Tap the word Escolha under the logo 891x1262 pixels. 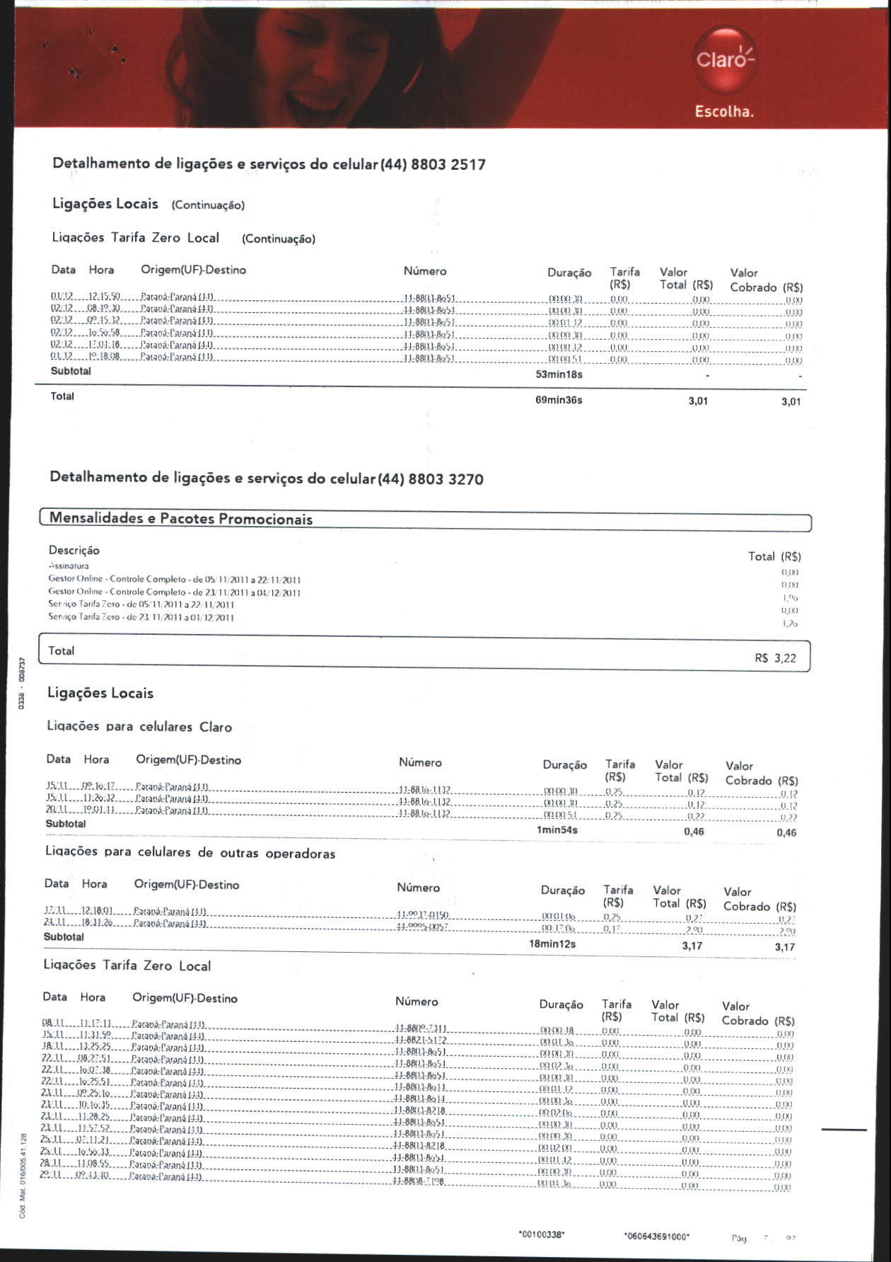click(724, 112)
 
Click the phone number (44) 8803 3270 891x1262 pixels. click(431, 479)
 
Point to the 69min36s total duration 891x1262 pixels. click(559, 401)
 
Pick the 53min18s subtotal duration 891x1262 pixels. click(559, 374)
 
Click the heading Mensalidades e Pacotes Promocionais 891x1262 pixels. click(180, 519)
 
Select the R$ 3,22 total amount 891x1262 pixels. click(775, 658)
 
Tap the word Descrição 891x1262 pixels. click(74, 550)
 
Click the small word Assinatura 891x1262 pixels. click(69, 566)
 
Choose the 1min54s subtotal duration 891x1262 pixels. click(557, 830)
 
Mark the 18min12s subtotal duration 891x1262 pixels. click(552, 944)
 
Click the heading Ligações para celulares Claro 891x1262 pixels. click(139, 727)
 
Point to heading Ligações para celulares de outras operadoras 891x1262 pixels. click(190, 853)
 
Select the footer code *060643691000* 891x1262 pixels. click(656, 1237)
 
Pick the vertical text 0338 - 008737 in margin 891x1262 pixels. click(22, 684)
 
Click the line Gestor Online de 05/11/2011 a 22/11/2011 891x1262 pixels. click(175, 579)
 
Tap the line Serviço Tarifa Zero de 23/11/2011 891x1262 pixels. click(141, 617)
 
